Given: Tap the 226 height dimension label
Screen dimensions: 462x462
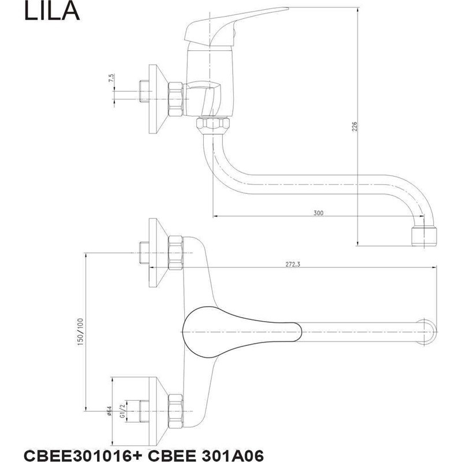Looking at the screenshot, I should pos(355,126).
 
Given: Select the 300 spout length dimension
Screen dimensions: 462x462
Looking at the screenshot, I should pos(318,213).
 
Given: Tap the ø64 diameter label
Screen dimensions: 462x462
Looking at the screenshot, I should pos(110,411).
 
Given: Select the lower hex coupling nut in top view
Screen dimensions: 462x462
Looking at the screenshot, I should pos(176,408).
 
